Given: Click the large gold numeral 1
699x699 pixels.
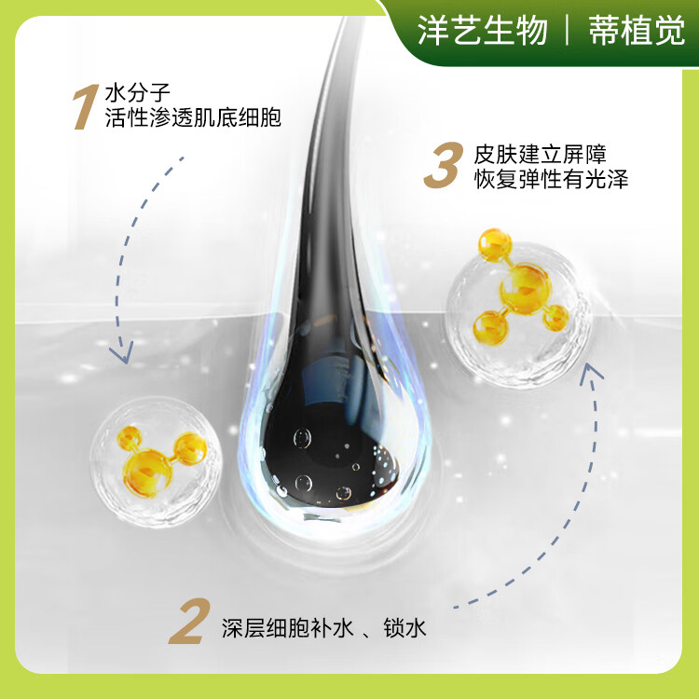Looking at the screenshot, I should (x=87, y=106).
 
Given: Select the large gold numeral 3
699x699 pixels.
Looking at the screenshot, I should (x=442, y=166).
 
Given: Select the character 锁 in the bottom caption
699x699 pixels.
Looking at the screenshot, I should (x=391, y=628).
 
